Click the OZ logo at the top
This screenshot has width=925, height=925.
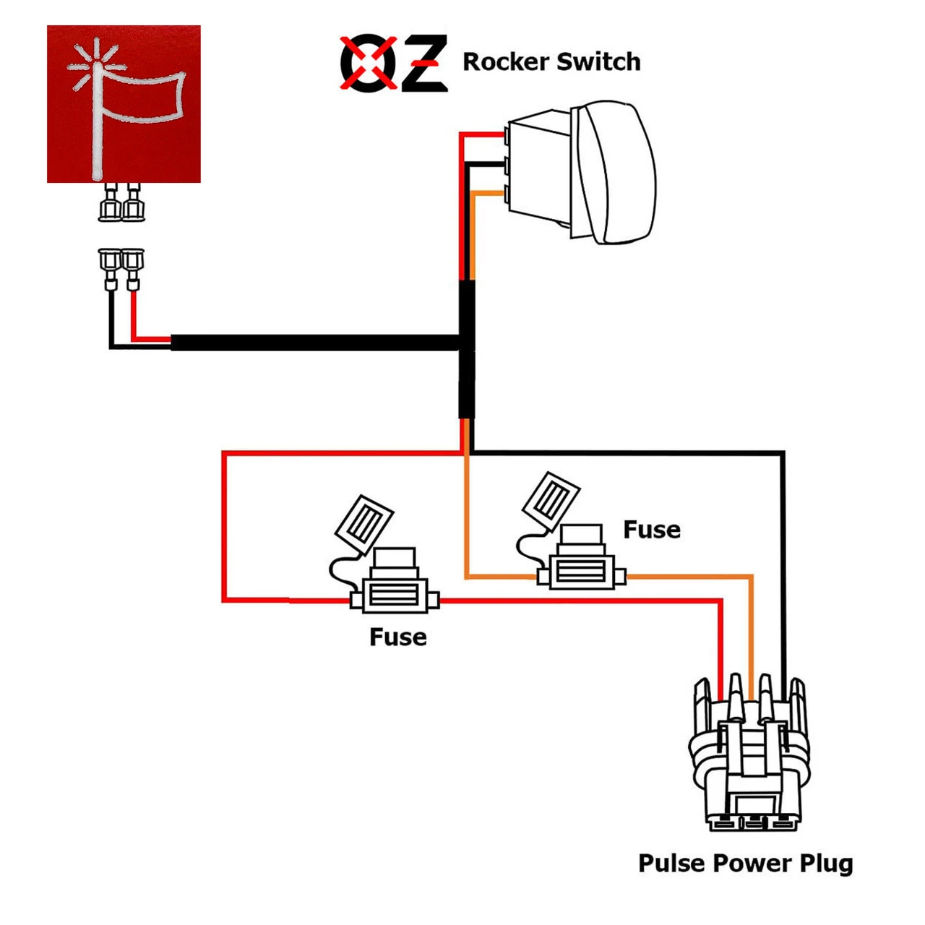click(394, 63)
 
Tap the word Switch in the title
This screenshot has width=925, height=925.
click(598, 62)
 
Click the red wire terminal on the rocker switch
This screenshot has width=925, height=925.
click(507, 135)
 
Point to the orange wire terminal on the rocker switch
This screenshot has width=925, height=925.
click(507, 194)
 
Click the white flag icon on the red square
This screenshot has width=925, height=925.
click(126, 105)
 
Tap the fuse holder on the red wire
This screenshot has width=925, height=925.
click(395, 594)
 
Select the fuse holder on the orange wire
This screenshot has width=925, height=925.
click(582, 571)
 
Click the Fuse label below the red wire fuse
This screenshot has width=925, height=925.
click(397, 637)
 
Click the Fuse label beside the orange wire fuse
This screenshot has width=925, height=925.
click(651, 530)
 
